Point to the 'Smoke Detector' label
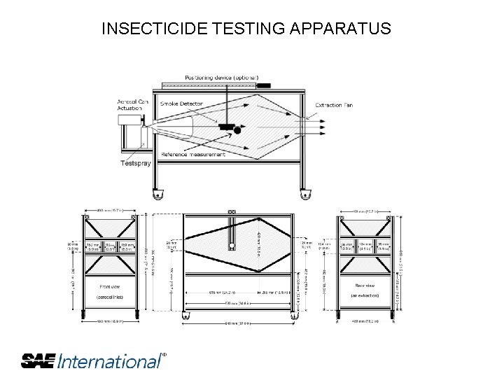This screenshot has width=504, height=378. pyautogui.click(x=181, y=104)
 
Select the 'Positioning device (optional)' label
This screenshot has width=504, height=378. pyautogui.click(x=222, y=77)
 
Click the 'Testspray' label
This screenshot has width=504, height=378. pyautogui.click(x=136, y=163)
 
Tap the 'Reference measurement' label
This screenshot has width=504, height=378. pyautogui.click(x=193, y=154)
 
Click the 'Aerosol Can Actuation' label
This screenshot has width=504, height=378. pyautogui.click(x=133, y=105)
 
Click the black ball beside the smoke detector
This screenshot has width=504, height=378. pyautogui.click(x=237, y=130)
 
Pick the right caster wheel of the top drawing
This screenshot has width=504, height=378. pyautogui.click(x=304, y=195)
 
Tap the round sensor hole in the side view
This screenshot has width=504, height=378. pyautogui.click(x=232, y=244)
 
